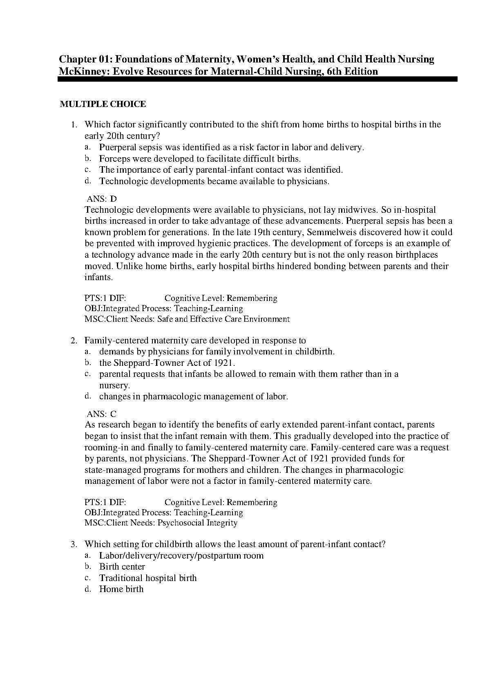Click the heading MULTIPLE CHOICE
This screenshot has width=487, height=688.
(103, 104)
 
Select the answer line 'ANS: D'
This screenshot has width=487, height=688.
(102, 199)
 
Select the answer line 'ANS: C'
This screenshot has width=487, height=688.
(102, 414)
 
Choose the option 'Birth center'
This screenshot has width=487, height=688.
(122, 567)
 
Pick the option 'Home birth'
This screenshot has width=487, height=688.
(121, 589)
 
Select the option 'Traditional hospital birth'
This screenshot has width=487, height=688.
(148, 578)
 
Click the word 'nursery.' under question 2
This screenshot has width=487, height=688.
(114, 385)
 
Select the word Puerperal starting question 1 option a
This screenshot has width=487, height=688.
(117, 147)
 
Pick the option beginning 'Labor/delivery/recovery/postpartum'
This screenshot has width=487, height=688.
(181, 556)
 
